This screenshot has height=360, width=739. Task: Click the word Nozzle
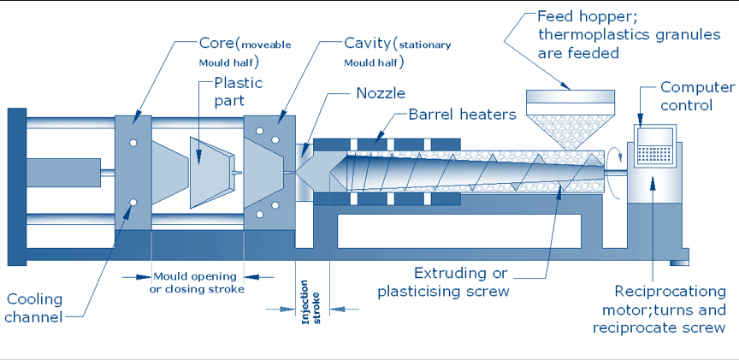pos(380,93)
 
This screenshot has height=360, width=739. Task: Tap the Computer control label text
pos(696,97)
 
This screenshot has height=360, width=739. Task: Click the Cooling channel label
pos(35,308)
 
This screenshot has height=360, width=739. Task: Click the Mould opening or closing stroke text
pos(197,282)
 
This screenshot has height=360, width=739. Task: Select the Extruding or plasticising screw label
pos(443,282)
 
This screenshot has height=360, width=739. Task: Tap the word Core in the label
pos(216,43)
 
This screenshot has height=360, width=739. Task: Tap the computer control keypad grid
pos(654,153)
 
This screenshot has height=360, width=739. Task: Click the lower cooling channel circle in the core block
pos(133,203)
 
